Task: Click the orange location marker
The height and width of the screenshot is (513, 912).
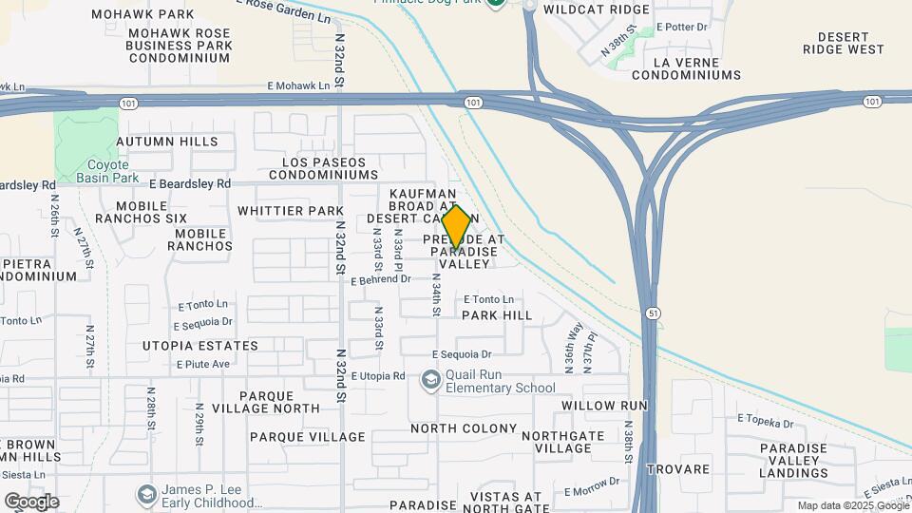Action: click(456, 227)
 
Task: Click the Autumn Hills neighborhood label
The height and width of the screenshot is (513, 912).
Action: click(167, 142)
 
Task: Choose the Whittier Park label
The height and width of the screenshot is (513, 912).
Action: click(290, 210)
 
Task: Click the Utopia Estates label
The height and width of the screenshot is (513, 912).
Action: click(200, 346)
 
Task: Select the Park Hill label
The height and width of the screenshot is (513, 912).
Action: click(497, 314)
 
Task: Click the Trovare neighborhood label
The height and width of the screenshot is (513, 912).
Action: click(678, 469)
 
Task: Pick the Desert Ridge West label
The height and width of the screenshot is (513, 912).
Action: click(843, 43)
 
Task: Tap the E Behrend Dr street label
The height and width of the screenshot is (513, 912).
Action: click(380, 279)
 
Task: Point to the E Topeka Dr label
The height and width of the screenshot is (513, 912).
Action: click(765, 419)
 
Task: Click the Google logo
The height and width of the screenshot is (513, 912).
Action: click(31, 501)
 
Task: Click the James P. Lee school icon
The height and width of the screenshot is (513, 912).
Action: click(146, 494)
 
